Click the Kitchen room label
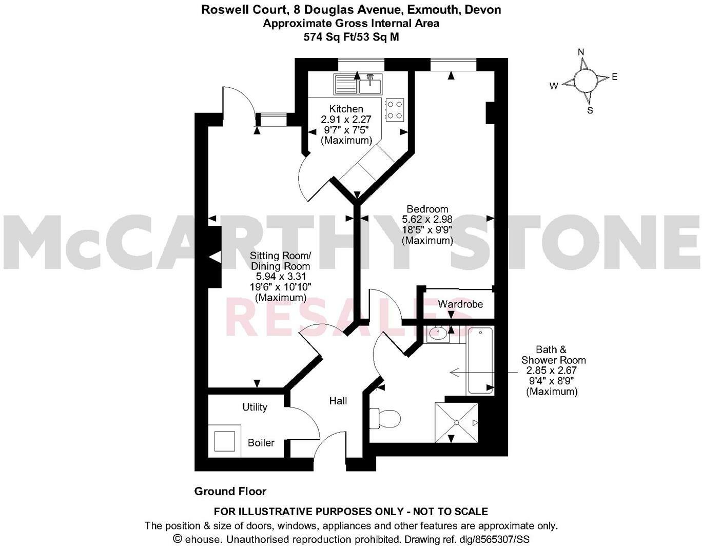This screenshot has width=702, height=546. (x=346, y=109)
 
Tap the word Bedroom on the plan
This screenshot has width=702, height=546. (x=427, y=209)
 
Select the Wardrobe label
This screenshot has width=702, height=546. (x=460, y=304)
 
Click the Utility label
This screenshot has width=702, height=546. (x=255, y=407)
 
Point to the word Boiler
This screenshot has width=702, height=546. (x=261, y=442)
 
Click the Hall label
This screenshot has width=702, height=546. (x=338, y=401)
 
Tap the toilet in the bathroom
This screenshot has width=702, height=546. (x=385, y=418)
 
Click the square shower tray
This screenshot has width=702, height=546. (x=456, y=422)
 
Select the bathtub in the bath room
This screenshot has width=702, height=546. (x=480, y=361)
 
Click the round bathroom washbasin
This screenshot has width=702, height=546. (x=437, y=334)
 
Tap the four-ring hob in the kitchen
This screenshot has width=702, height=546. (x=394, y=109)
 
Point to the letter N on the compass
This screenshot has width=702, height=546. (x=581, y=52)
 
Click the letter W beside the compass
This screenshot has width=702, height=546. (x=554, y=86)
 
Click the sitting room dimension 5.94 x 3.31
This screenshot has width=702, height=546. (x=280, y=277)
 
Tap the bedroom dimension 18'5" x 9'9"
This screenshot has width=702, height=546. (x=427, y=230)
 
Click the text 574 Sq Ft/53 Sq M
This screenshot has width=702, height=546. (x=350, y=36)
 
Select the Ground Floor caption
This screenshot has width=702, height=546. (x=230, y=492)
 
